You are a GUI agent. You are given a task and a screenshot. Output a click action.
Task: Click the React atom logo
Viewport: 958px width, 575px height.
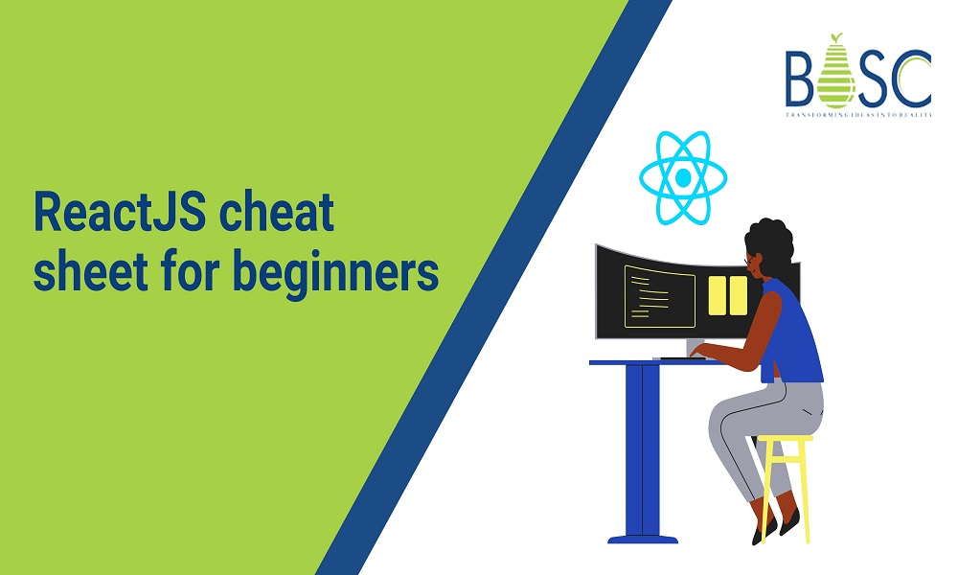682,178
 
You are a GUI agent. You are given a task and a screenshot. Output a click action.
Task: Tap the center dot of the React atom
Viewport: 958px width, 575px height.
682,178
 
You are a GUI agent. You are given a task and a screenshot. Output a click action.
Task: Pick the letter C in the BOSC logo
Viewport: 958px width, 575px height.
909,79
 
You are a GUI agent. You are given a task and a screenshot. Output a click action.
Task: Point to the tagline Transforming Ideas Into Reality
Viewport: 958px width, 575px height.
857,114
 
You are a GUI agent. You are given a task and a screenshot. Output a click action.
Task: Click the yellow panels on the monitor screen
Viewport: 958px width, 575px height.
728,294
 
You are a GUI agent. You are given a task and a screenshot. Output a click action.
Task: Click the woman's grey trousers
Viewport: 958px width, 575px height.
757,412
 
